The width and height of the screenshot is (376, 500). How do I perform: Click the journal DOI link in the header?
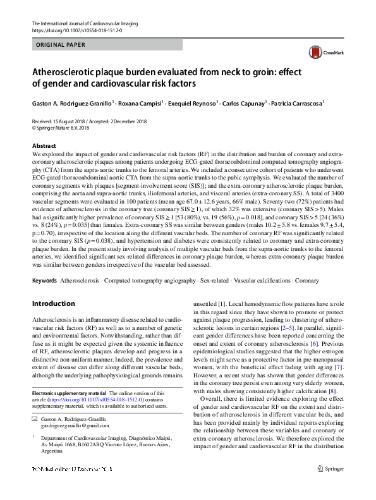(x=76, y=30)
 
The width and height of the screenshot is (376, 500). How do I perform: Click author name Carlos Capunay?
(x=241, y=102)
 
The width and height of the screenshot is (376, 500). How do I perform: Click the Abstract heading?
(x=44, y=145)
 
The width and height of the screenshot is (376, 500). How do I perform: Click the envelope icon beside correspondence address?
(x=35, y=418)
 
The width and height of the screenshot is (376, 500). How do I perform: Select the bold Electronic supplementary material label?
(x=70, y=393)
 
